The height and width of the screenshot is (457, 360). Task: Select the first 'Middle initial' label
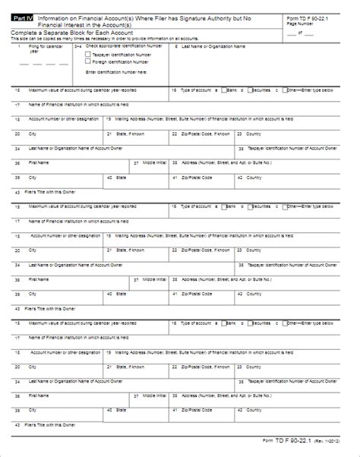(x=153, y=162)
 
